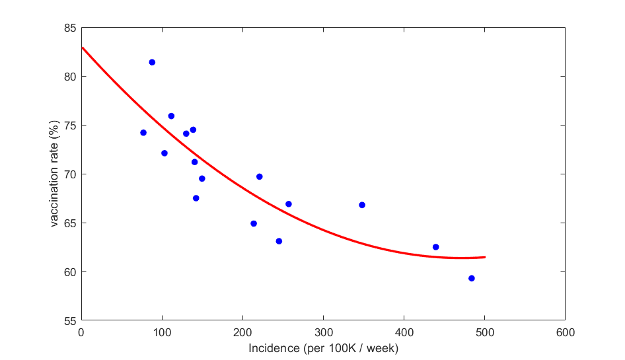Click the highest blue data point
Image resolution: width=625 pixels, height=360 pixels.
coord(152,62)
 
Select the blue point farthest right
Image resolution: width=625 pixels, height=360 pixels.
coord(472,278)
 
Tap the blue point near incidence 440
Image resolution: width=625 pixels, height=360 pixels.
coord(436,247)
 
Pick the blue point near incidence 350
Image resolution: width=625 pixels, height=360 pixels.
coord(362,205)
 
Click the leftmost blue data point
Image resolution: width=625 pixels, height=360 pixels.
coord(143,133)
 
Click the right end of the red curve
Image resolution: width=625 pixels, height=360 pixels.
coord(485,257)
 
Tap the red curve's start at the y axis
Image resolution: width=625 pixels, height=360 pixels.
coord(82,48)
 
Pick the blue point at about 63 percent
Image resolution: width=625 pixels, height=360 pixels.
coord(279,241)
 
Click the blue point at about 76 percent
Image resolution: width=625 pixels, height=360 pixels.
coord(171,116)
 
